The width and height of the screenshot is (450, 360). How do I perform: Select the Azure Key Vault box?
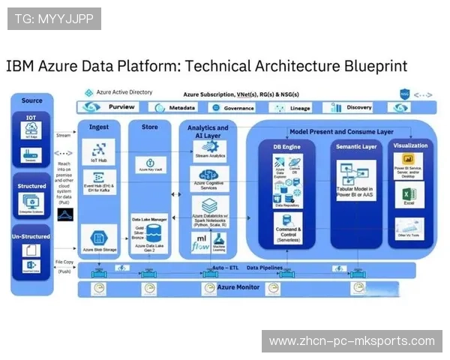150,164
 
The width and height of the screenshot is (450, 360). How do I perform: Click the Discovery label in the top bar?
359,108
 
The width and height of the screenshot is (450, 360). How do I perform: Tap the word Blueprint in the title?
369,66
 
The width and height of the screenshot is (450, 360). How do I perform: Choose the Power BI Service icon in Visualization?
409,163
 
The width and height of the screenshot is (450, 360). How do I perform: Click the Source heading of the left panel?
32,100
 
